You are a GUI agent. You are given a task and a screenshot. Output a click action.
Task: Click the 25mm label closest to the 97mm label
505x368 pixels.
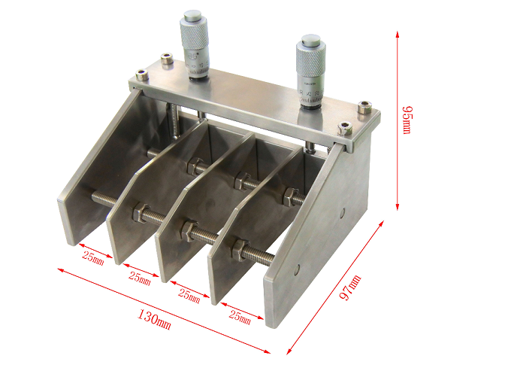click(239, 316)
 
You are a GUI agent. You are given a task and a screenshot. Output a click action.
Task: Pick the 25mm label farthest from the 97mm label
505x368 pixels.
click(93, 257)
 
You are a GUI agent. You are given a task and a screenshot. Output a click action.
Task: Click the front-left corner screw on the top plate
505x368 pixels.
click(140, 75)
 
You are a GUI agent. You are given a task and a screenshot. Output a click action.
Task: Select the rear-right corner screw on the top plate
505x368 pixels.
click(364, 106)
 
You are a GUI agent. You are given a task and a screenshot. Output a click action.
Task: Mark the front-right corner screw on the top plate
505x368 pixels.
click(345, 127)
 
